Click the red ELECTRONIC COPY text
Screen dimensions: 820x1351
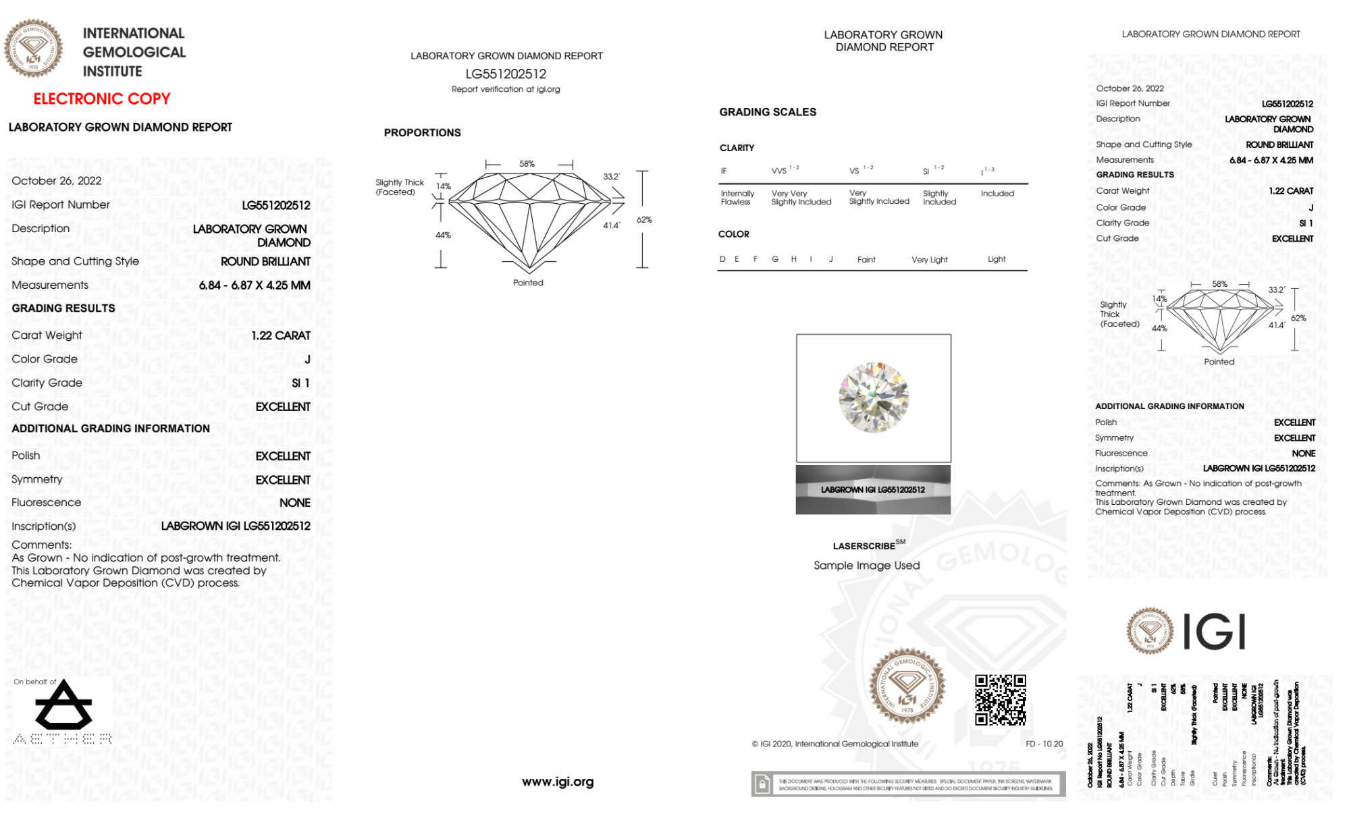pyautogui.click(x=102, y=99)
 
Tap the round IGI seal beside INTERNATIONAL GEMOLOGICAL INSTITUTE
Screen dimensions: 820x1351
pyautogui.click(x=33, y=47)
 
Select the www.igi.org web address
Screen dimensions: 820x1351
pyautogui.click(x=558, y=782)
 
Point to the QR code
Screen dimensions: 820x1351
pyautogui.click(x=1000, y=699)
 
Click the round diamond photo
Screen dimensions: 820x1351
pyautogui.click(x=874, y=398)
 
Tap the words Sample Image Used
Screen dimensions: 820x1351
pyautogui.click(x=866, y=566)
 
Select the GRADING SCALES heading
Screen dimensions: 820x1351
pyautogui.click(x=768, y=112)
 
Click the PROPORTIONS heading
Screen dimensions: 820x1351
pyautogui.click(x=422, y=133)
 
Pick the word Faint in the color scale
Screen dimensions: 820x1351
pyautogui.click(x=866, y=260)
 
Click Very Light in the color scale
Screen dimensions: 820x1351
pyautogui.click(x=929, y=260)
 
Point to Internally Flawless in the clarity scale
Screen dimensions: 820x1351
pyautogui.click(x=737, y=198)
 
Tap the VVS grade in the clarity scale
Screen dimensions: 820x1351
pyautogui.click(x=780, y=171)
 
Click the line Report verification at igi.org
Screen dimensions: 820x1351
pyautogui.click(x=506, y=89)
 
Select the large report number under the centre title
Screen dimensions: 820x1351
pyautogui.click(x=506, y=74)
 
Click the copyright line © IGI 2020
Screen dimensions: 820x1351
pyautogui.click(x=835, y=744)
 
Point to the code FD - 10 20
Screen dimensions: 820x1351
pyautogui.click(x=1044, y=744)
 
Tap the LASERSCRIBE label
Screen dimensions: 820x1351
pyautogui.click(x=864, y=546)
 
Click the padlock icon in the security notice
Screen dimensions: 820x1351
pyautogui.click(x=762, y=784)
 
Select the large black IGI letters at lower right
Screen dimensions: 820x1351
pyautogui.click(x=1215, y=632)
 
